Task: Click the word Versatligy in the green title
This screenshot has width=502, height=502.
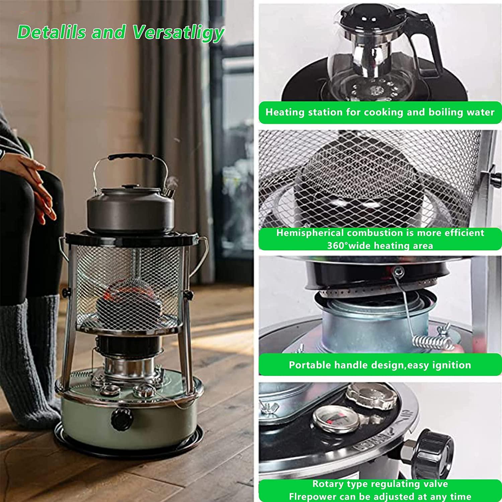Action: click(178, 33)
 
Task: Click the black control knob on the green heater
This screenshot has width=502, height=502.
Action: click(122, 419)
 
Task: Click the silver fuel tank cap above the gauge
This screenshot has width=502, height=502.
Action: click(371, 396)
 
